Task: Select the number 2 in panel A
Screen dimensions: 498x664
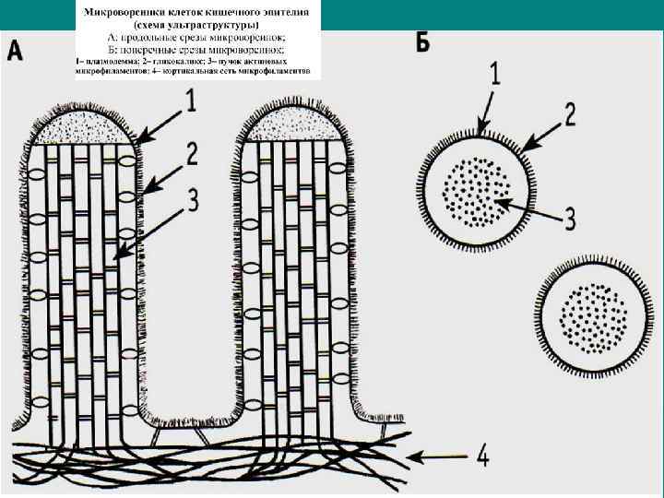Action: pos(191,155)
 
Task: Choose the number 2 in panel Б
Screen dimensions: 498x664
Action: pos(570,114)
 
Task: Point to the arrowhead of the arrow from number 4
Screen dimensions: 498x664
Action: pos(410,455)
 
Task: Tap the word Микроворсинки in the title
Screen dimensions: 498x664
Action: pos(122,12)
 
